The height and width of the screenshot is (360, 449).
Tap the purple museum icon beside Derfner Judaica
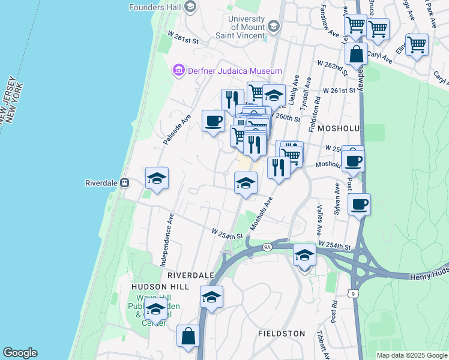(x=178, y=71)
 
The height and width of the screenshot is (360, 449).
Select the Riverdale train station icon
(x=125, y=183)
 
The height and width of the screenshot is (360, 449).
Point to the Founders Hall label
(x=155, y=7)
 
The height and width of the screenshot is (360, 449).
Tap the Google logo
(x=20, y=353)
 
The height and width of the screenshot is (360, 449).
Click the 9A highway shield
(x=267, y=246)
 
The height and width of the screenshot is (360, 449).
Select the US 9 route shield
(x=354, y=291)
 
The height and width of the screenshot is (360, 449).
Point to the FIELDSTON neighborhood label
(x=282, y=333)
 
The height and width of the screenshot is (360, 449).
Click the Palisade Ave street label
(x=176, y=130)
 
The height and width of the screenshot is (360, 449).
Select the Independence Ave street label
(x=167, y=239)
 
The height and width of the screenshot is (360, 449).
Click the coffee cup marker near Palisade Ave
(x=213, y=121)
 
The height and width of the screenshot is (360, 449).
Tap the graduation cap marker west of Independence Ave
(x=157, y=178)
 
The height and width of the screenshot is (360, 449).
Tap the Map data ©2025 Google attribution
(x=412, y=355)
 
